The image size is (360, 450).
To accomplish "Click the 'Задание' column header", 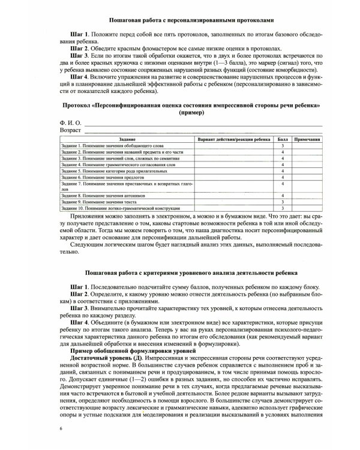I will pyautogui.click(x=127, y=139).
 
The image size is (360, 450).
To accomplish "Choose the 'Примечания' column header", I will pyautogui.click(x=308, y=139).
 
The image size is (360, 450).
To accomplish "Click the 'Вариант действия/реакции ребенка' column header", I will pyautogui.click(x=233, y=139).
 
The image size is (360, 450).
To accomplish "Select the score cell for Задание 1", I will pyautogui.click(x=282, y=146).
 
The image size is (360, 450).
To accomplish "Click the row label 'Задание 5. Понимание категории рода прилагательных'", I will pyautogui.click(x=115, y=171).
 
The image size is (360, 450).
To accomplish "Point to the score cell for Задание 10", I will pyautogui.click(x=282, y=208).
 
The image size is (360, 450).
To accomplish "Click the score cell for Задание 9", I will pyautogui.click(x=282, y=202).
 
